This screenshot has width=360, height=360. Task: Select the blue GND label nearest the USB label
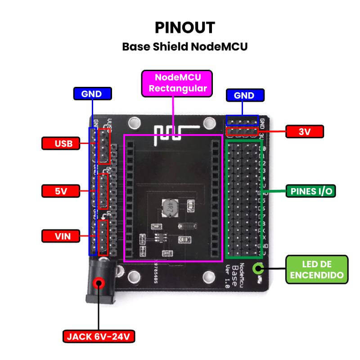click(92, 94)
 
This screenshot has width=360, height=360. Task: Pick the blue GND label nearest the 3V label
click(244, 95)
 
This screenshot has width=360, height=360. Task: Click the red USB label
click(61, 144)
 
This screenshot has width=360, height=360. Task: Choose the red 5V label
click(61, 191)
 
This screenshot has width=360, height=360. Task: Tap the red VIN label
click(61, 235)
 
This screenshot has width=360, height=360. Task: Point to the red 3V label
click(304, 131)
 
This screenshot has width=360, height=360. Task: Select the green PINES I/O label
click(310, 191)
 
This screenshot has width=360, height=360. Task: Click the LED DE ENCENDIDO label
click(317, 270)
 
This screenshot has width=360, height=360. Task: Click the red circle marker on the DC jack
click(99, 283)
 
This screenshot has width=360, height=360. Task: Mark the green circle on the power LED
click(258, 269)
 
